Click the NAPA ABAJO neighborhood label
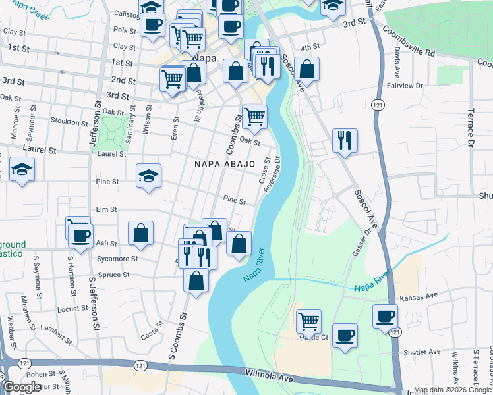pyautogui.click(x=224, y=163)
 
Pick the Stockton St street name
pyautogui.click(x=69, y=122)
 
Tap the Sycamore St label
pyautogui.click(x=117, y=259)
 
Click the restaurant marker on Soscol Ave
pyautogui.click(x=345, y=140)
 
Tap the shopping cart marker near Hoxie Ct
pyautogui.click(x=308, y=321)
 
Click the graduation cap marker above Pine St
pyautogui.click(x=149, y=175)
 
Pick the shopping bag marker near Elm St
pyautogui.click(x=140, y=232)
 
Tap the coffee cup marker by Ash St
pyautogui.click(x=81, y=237)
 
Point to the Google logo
pyautogui.click(x=22, y=388)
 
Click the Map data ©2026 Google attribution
pyautogui.click(x=452, y=390)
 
